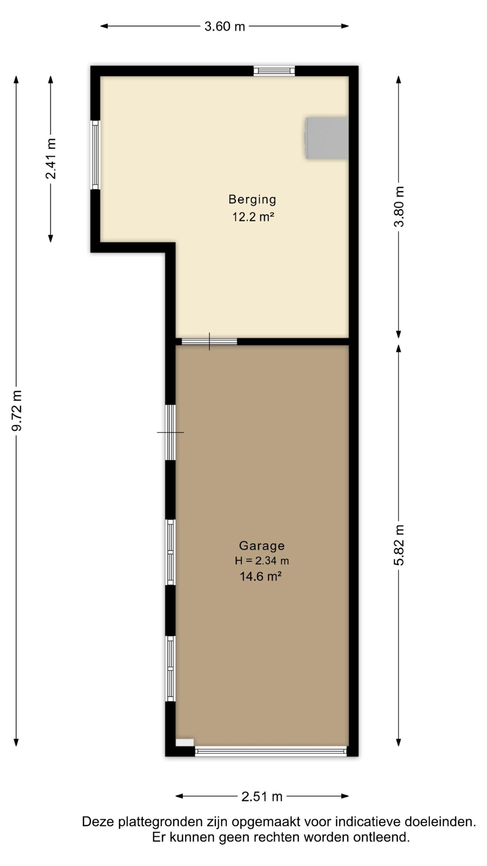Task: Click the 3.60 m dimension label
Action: click(225, 26)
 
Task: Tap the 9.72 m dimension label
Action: click(17, 411)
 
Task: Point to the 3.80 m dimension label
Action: click(399, 207)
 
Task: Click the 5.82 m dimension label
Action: click(399, 545)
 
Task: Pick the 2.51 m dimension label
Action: click(262, 797)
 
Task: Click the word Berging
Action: click(252, 199)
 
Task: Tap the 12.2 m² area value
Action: click(253, 216)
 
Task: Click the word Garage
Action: click(262, 545)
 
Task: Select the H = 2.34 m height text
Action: click(262, 561)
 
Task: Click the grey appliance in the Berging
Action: click(327, 138)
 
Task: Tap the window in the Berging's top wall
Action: click(274, 71)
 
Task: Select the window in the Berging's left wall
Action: click(95, 155)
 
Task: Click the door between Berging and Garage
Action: click(209, 341)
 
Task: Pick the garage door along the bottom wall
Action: click(271, 751)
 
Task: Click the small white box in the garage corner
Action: click(185, 742)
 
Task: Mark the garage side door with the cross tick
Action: click(170, 432)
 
